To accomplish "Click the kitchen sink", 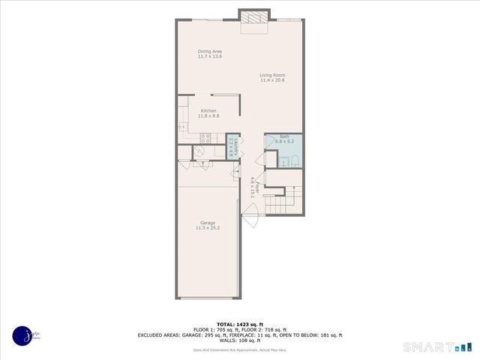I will [x=182, y=127].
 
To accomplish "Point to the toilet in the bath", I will [x=295, y=159].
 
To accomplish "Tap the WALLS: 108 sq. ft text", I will [x=239, y=340].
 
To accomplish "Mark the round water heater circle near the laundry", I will [x=199, y=151].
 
